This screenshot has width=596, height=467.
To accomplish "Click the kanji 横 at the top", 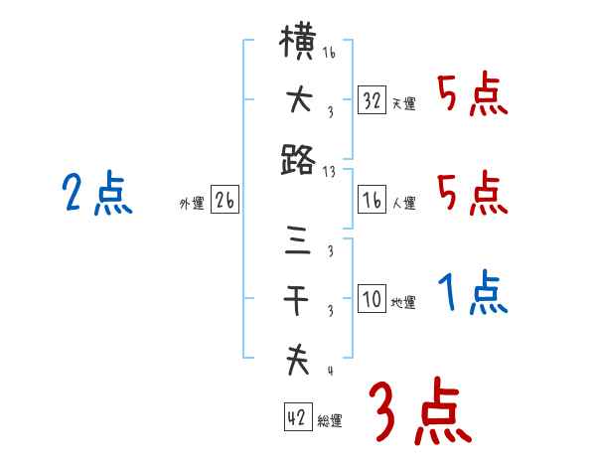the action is pyautogui.click(x=299, y=46).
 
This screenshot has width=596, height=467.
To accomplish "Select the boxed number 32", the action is pyautogui.click(x=372, y=100).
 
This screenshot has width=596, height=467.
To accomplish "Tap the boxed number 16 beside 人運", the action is pyautogui.click(x=372, y=200).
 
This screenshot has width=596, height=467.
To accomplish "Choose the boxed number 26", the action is pyautogui.click(x=224, y=200).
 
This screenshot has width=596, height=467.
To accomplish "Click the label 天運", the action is pyautogui.click(x=403, y=103).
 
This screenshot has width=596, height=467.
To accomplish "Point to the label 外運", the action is pyautogui.click(x=192, y=203).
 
